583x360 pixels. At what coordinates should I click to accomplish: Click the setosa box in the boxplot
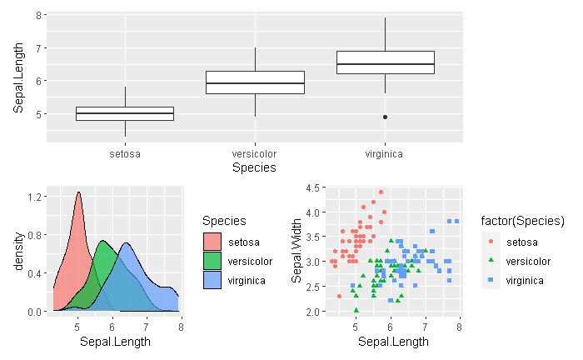(125, 113)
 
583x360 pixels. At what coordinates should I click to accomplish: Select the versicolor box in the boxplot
(255, 82)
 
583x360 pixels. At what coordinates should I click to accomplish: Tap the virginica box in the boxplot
(385, 62)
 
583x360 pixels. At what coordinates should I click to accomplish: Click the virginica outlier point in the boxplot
(385, 117)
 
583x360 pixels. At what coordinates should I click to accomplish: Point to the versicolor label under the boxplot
(255, 154)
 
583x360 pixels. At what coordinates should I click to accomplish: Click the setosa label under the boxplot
(125, 154)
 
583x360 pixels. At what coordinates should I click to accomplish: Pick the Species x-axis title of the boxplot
(254, 168)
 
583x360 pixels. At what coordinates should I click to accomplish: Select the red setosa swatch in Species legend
(213, 242)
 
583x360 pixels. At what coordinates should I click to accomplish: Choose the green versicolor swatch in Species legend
(213, 262)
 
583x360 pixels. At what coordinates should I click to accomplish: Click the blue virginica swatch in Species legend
(213, 281)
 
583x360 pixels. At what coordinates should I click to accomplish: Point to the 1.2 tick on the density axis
(36, 197)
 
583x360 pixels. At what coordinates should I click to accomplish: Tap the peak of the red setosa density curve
(78, 192)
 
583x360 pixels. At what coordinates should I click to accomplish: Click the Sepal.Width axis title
(296, 250)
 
